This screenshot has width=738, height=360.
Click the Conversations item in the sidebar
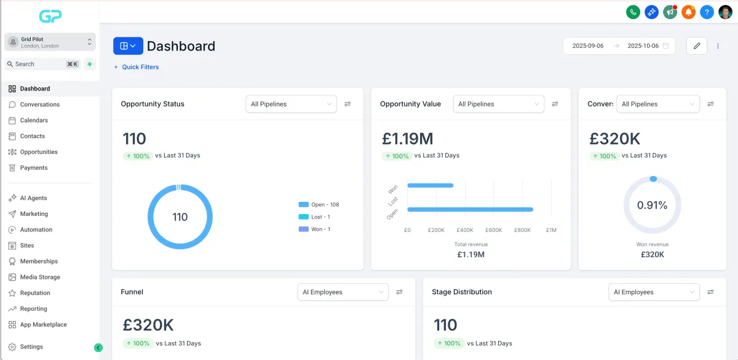(39, 105)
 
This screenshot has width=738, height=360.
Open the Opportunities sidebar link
(38, 152)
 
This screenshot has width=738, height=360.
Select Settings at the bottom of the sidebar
(31, 347)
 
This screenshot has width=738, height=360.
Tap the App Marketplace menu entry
(43, 325)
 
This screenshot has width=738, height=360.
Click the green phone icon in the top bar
(633, 12)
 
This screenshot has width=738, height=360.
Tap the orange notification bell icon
(688, 12)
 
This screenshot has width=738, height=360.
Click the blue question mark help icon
(707, 12)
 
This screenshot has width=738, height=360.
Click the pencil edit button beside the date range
(697, 46)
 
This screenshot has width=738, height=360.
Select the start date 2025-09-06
(588, 46)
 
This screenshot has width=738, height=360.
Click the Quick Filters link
(140, 67)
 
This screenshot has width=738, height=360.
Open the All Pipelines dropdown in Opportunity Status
(291, 104)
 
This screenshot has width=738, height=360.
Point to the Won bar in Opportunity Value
(430, 185)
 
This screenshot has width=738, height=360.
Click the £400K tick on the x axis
(465, 230)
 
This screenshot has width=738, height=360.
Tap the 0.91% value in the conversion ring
(652, 206)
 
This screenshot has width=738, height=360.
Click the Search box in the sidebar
(37, 64)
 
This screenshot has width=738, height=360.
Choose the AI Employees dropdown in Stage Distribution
(654, 292)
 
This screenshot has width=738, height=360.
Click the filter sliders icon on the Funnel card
(400, 292)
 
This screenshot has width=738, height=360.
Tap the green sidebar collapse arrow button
(98, 348)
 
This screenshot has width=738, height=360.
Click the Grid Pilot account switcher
(50, 42)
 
